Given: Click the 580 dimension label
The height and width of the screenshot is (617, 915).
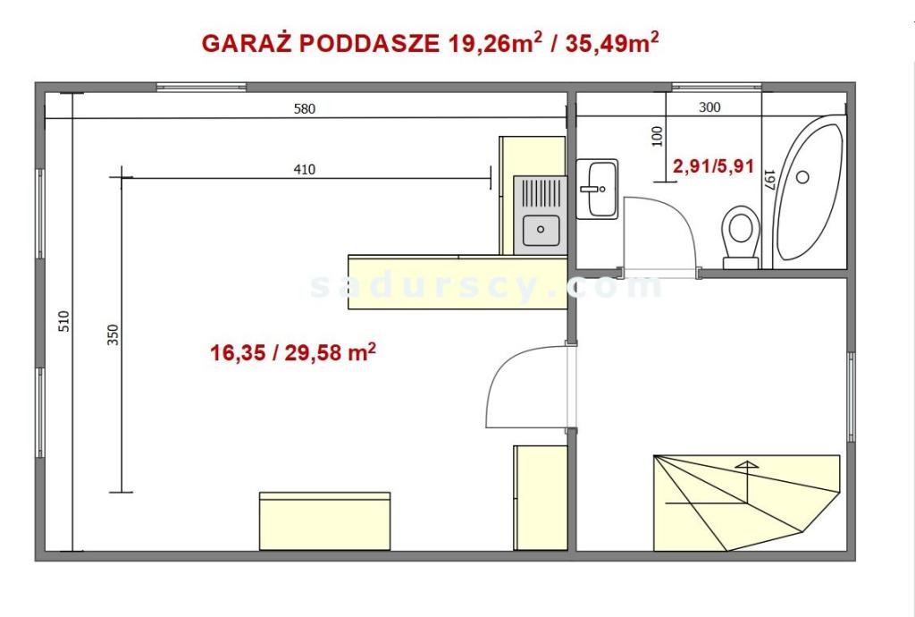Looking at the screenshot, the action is (304, 108).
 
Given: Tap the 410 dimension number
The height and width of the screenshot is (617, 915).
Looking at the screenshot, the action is (304, 170).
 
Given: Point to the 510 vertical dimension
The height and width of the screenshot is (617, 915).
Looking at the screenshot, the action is (64, 321).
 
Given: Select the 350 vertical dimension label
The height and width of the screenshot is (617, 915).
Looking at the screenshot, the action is (113, 334).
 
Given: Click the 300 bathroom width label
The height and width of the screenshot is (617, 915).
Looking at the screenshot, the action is (709, 107).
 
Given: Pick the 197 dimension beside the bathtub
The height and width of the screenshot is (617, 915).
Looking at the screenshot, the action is (768, 180).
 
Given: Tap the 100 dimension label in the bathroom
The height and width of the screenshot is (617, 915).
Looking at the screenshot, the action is (658, 136).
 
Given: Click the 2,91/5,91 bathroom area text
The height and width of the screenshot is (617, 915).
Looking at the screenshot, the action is (713, 166).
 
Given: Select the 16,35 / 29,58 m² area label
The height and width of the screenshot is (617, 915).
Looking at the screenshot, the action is (293, 352).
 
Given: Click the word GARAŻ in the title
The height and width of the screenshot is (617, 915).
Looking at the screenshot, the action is (247, 43).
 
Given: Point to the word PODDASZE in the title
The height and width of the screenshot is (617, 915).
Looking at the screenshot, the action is (370, 43).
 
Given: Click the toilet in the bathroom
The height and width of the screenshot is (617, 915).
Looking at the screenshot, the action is (741, 236).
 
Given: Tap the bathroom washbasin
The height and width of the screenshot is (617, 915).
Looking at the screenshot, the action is (598, 190).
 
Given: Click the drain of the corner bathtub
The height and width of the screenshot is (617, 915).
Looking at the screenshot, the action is (803, 177).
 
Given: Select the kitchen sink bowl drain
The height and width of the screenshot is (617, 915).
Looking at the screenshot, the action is (541, 230).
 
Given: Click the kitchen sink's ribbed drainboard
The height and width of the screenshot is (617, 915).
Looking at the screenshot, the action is (541, 193).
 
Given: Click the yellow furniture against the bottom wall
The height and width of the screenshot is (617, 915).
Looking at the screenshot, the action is (325, 521).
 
